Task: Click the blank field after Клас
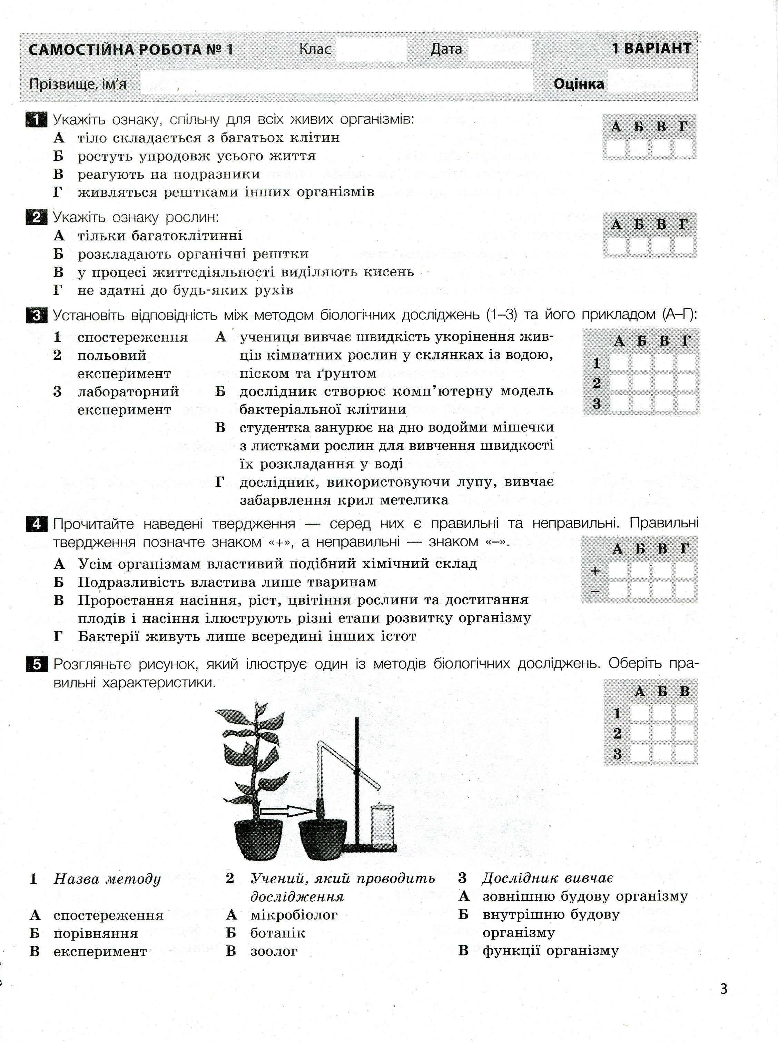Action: click(x=371, y=49)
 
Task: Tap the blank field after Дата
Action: click(x=500, y=49)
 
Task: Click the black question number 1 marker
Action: click(x=36, y=120)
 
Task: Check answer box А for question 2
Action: click(x=616, y=245)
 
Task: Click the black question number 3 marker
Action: click(x=36, y=315)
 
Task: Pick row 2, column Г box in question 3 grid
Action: click(x=687, y=382)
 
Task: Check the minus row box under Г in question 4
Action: click(x=685, y=590)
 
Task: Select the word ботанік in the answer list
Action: click(x=277, y=933)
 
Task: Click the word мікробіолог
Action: click(x=294, y=915)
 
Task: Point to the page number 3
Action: click(x=724, y=988)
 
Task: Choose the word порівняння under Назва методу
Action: click(x=96, y=933)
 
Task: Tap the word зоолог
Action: click(x=274, y=951)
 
